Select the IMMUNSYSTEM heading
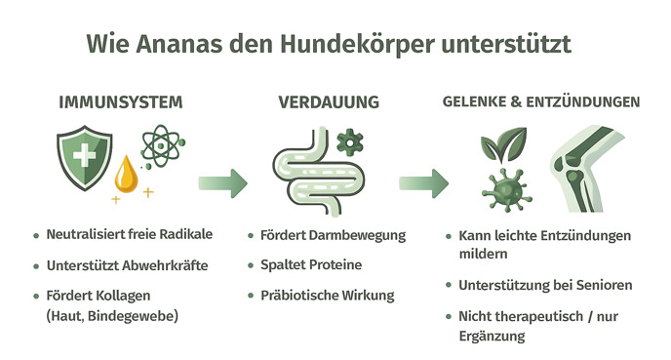(120, 102)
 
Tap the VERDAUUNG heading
(329, 102)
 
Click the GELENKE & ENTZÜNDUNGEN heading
(541, 101)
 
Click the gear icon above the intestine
(348, 142)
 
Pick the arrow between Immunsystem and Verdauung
(222, 181)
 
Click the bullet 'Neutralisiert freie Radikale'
(129, 235)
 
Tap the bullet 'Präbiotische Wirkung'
(327, 294)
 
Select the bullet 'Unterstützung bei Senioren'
(545, 286)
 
